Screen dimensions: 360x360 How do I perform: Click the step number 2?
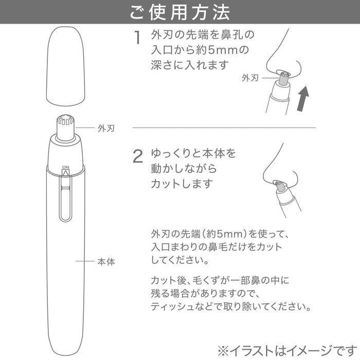click(138, 156)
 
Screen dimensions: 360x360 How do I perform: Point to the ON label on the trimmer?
click(65, 168)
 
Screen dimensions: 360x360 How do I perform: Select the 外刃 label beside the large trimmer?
click(105, 128)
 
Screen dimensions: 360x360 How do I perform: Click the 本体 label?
click(105, 262)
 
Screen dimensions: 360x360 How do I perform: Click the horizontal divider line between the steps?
click(224, 127)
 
